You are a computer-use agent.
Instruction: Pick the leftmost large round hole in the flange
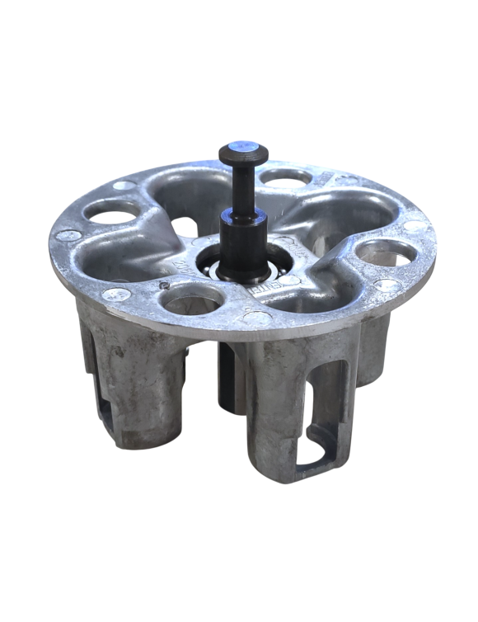[x=112, y=214]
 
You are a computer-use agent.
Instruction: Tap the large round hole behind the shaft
[x=285, y=176]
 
